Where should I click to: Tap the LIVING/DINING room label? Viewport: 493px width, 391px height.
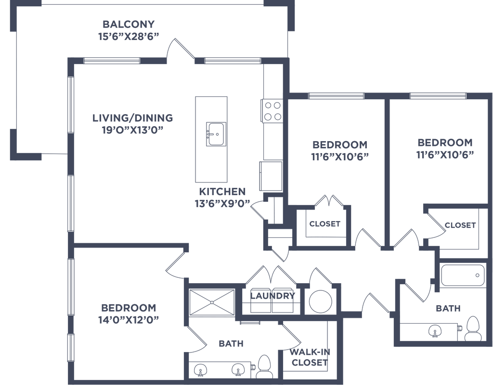[x=133, y=117]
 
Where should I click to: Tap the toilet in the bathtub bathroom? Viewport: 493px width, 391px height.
[x=474, y=327]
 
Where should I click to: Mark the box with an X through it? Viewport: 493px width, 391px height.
[x=210, y=303]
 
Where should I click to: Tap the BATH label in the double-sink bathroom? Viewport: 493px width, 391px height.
[x=231, y=344]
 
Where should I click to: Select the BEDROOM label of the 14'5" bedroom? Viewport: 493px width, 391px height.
[x=129, y=307]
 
